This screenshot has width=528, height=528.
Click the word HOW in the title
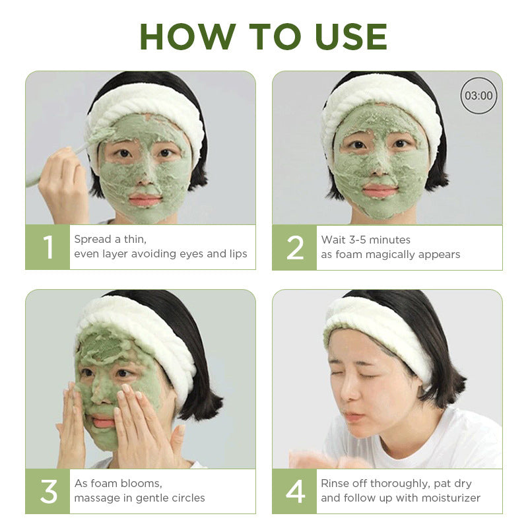(x=187, y=37)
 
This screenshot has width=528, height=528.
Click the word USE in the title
(x=351, y=37)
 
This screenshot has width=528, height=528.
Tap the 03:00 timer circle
(x=478, y=95)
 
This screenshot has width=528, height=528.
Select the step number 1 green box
(x=48, y=247)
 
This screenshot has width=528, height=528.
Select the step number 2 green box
(x=294, y=248)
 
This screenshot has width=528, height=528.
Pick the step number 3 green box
(x=48, y=491)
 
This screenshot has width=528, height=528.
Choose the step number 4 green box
(x=294, y=491)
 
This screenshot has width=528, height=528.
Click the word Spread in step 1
(x=93, y=240)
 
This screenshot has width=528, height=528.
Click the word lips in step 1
(x=238, y=253)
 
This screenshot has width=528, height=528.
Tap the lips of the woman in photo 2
(x=379, y=191)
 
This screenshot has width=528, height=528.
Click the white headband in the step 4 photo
(x=377, y=332)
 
